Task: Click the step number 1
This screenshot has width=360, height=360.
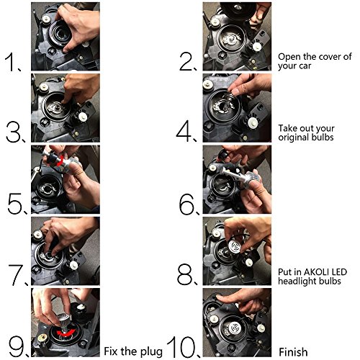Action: [12, 63]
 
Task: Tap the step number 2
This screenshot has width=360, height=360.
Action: [187, 62]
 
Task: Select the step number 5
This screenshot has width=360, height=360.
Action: [17, 204]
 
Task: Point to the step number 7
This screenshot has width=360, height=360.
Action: [17, 275]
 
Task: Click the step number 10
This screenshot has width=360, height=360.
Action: [183, 347]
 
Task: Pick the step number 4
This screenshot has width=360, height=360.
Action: [185, 132]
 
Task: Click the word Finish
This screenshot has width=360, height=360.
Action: [293, 352]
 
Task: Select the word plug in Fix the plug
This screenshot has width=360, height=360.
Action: [151, 352]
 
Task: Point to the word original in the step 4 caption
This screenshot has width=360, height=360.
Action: [291, 138]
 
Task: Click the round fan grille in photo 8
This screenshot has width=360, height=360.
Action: [235, 247]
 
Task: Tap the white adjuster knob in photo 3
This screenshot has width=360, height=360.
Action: [84, 117]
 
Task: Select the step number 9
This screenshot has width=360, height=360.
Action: [18, 346]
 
